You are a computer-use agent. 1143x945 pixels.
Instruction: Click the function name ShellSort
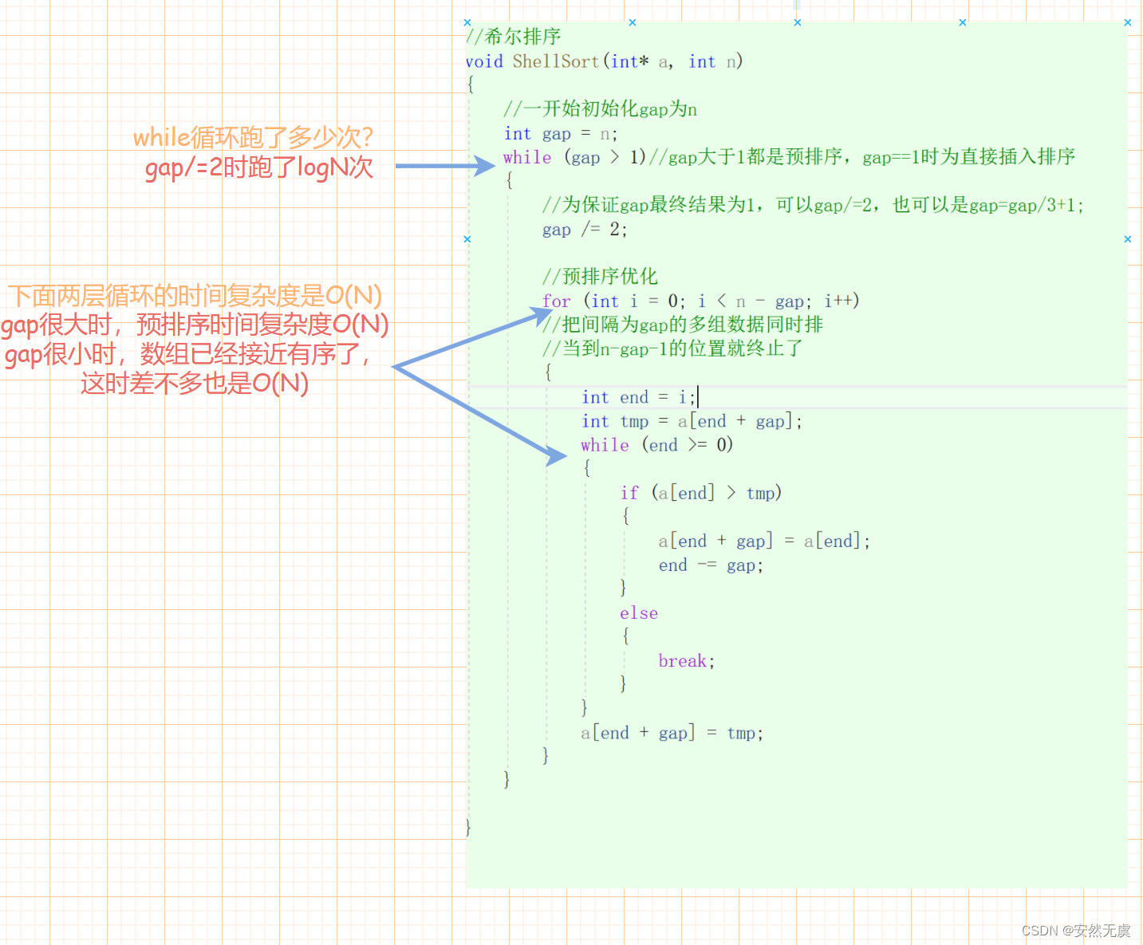[x=555, y=61]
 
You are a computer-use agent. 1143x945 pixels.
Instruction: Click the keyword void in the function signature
[x=484, y=61]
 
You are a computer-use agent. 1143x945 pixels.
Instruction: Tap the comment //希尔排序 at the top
[x=514, y=37]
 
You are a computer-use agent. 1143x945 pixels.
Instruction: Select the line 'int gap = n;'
[x=561, y=133]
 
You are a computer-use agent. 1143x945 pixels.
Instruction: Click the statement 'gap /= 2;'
[x=585, y=230]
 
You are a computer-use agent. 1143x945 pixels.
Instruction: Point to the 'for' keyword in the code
[x=557, y=301]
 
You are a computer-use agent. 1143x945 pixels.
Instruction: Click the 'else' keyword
[x=639, y=613]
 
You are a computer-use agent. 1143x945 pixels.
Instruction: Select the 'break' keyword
[x=683, y=661]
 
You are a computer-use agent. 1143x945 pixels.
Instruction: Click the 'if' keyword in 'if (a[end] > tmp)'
[x=629, y=494]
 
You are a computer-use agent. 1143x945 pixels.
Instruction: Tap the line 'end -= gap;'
[x=711, y=565]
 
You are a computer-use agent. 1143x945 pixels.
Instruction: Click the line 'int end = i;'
[x=639, y=397]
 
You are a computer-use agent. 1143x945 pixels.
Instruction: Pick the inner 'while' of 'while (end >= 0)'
[x=605, y=445]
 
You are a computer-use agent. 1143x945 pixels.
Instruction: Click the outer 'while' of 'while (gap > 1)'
[x=527, y=158]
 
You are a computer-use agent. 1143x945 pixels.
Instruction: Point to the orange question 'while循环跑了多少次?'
[x=253, y=137]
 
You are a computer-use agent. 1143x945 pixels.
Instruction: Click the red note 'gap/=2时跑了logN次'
[x=258, y=167]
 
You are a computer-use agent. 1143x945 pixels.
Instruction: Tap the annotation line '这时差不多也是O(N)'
[x=195, y=384]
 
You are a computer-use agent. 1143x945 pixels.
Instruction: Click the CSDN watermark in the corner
[x=1076, y=931]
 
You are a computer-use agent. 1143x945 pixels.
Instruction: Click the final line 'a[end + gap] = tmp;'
[x=672, y=733]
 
